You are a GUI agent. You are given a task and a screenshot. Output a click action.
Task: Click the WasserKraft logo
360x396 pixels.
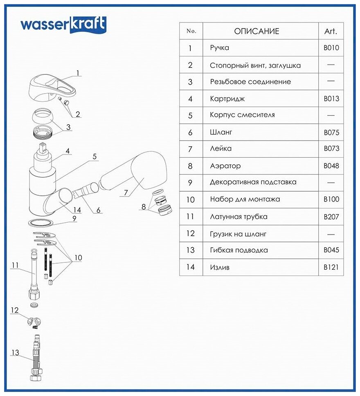[x=63, y=24]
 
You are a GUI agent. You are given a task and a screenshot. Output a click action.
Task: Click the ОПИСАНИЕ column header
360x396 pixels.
[x=256, y=31]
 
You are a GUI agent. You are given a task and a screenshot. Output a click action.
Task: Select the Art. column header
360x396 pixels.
[x=331, y=31]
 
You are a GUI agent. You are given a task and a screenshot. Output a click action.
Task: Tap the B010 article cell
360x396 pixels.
[x=331, y=48]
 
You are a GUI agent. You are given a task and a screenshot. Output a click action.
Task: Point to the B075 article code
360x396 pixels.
[x=331, y=132]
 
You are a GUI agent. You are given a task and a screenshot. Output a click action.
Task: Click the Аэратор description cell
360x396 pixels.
[x=225, y=166]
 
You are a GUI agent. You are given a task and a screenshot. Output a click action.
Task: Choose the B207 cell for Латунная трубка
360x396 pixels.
[x=331, y=217]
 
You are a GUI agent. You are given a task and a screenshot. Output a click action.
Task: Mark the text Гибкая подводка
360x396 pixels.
[x=234, y=250]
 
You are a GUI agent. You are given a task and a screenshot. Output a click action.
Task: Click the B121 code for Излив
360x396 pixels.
[x=331, y=267]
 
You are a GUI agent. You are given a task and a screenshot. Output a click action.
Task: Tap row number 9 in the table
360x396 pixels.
[x=190, y=183]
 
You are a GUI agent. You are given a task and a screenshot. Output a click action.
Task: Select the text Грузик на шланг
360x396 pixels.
[x=238, y=234]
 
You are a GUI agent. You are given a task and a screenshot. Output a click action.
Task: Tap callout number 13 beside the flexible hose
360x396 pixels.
[x=15, y=352]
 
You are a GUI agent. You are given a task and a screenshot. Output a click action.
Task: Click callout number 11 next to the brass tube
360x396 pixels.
[x=15, y=265]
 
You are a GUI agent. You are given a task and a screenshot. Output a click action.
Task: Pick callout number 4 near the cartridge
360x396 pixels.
[x=67, y=151]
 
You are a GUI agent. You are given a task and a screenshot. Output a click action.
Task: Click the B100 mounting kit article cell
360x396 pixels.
[x=331, y=200]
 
